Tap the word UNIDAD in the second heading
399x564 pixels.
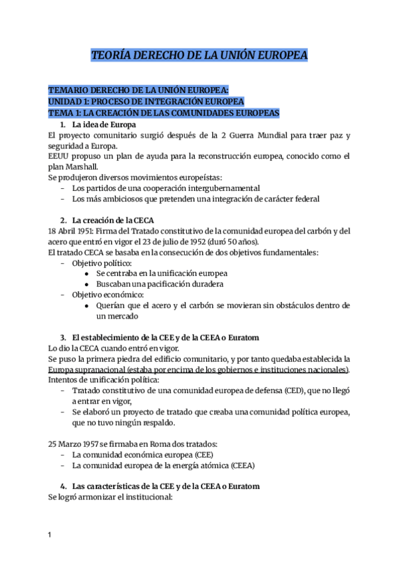tap(65, 101)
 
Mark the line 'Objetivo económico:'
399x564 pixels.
tap(107, 295)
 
